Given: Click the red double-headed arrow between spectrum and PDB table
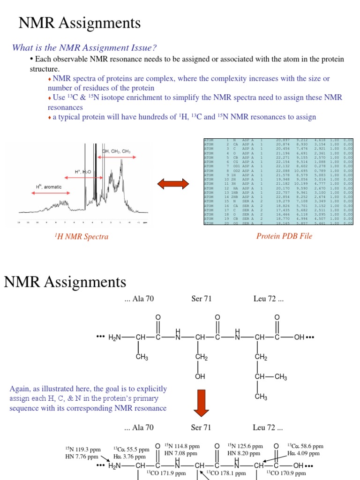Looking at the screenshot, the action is pyautogui.click(x=173, y=183).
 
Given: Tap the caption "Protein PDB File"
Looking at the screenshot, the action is pyautogui.click(x=284, y=236).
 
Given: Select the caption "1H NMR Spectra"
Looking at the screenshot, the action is pyautogui.click(x=82, y=237).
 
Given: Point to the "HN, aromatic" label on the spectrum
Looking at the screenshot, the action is pyautogui.click(x=49, y=187).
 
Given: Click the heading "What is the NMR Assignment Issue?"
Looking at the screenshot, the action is pyautogui.click(x=84, y=47).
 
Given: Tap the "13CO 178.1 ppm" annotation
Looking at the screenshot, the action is pyautogui.click(x=228, y=473).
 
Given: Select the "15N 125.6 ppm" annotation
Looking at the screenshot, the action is pyautogui.click(x=245, y=446).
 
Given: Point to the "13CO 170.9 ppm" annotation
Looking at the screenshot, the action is pyautogui.click(x=284, y=473).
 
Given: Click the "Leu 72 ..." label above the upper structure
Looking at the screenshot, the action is pyautogui.click(x=268, y=299).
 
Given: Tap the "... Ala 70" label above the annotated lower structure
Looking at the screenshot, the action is pyautogui.click(x=139, y=427).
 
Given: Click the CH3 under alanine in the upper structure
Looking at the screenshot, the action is pyautogui.click(x=142, y=357).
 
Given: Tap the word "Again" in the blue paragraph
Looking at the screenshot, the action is pyautogui.click(x=19, y=389).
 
